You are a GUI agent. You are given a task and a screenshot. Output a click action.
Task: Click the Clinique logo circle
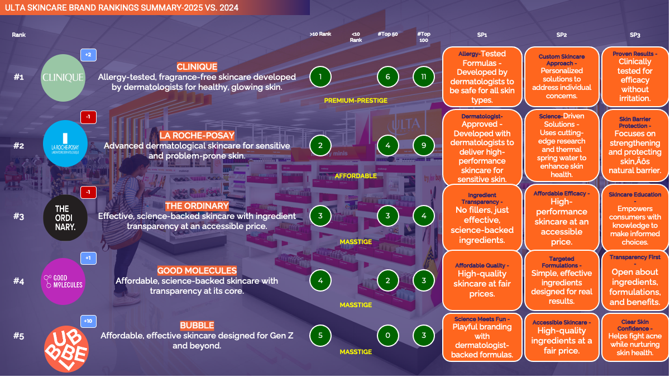click(63, 78)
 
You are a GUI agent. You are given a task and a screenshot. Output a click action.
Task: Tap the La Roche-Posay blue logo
click(65, 144)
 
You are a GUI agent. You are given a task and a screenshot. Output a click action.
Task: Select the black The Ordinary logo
click(65, 218)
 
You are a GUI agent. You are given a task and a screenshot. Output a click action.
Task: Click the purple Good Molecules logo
click(63, 281)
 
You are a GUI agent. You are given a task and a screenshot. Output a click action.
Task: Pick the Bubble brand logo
click(66, 348)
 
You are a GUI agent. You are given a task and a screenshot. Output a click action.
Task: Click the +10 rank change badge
click(88, 321)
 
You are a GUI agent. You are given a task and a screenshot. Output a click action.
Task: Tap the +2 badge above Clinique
click(88, 55)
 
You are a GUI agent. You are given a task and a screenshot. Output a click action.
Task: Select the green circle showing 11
click(424, 77)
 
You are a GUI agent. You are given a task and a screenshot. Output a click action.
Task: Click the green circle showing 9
click(424, 146)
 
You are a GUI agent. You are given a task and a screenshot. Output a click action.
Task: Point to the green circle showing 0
click(387, 336)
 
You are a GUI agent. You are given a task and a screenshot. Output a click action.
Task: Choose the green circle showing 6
click(387, 77)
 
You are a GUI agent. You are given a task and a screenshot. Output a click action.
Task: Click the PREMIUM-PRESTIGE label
click(356, 101)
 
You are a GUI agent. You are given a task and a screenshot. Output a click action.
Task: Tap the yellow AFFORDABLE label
click(356, 176)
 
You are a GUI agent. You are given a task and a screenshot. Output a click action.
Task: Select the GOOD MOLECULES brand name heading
click(197, 271)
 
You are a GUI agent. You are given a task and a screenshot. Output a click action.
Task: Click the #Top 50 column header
click(387, 34)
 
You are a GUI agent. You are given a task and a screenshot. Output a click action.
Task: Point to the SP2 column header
click(562, 35)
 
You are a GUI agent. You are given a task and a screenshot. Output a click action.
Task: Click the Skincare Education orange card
click(635, 218)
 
